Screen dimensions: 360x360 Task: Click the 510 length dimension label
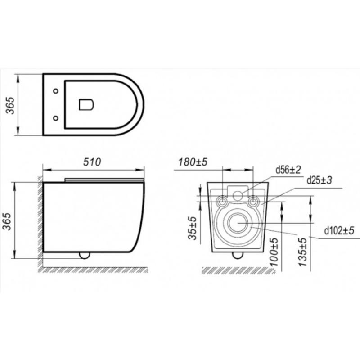(92, 162)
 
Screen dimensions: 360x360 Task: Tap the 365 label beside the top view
(10, 105)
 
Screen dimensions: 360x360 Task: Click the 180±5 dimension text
(193, 162)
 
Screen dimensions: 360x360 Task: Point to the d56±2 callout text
(288, 170)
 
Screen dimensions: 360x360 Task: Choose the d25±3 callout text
(319, 180)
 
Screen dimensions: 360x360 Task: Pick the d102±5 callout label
(339, 231)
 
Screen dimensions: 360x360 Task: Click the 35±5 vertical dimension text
(193, 228)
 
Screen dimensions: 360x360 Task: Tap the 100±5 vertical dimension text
(274, 252)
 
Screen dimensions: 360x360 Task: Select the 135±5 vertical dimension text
(302, 252)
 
